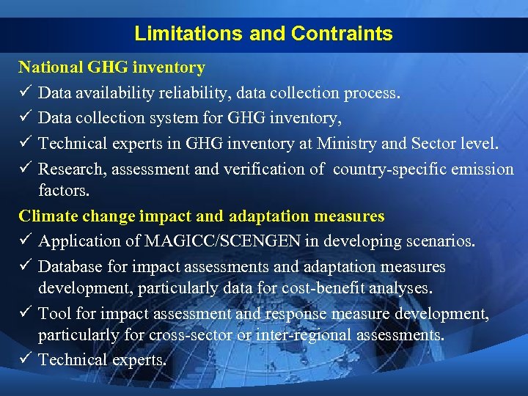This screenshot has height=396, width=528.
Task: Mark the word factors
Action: coord(64,191)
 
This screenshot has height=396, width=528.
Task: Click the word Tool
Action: coord(53,314)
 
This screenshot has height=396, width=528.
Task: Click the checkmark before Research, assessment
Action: coord(25,169)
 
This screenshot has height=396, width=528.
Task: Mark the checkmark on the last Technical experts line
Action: coord(25,360)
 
